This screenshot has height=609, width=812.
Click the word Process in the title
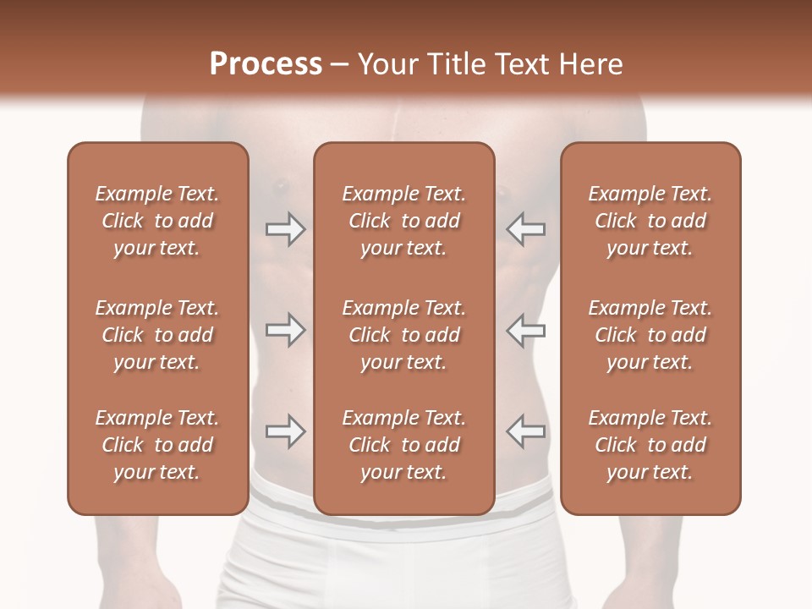coord(266,64)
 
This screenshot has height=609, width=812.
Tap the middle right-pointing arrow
coord(285,331)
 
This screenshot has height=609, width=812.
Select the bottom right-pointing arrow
coord(285,431)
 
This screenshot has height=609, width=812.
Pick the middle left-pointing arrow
coord(526,331)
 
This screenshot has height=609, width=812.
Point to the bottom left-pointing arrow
coord(526,431)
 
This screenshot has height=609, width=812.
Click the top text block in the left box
coord(157,221)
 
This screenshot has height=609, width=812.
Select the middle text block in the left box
coord(157,335)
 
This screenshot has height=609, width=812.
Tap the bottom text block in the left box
coord(157,445)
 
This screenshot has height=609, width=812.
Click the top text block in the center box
coord(403,221)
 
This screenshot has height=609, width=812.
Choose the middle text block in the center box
coord(403,335)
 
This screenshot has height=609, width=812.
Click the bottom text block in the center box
coord(403,445)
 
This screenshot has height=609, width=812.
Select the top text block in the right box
coord(650,221)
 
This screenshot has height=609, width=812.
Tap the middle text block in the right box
coord(650,335)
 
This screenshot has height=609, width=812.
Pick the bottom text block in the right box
coord(650,445)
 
